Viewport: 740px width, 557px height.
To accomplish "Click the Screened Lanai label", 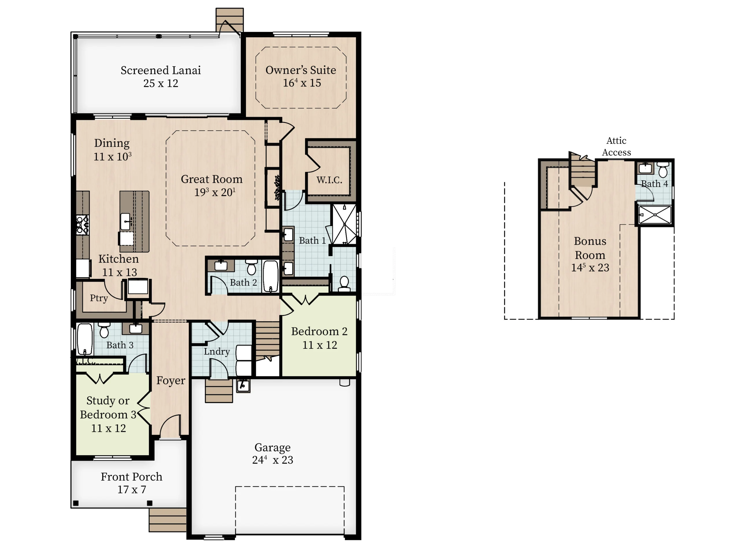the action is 161,70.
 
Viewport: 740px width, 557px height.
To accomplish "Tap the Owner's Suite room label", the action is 301,70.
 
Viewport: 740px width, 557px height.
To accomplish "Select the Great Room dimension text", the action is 215,192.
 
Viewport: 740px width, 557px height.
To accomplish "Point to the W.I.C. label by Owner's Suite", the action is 330,180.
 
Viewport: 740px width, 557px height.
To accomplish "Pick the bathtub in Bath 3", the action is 85,339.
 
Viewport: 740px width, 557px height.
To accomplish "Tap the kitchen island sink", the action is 125,221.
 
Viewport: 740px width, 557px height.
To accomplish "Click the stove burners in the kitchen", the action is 82,225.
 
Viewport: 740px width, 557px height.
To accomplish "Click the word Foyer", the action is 171,381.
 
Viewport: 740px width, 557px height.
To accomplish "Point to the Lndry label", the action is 217,351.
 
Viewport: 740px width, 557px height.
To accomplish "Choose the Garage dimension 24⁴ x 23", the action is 273,460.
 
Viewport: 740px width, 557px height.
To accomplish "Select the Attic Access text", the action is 617,146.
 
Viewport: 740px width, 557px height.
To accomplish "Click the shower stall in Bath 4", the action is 655,215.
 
